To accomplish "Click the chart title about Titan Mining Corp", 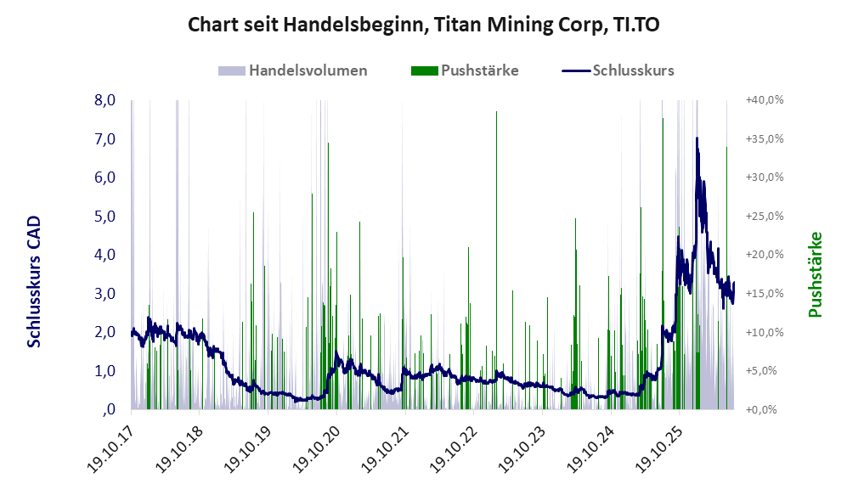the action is point(423,25).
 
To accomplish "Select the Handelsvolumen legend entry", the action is point(293,70).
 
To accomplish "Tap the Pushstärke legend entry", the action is point(465,70).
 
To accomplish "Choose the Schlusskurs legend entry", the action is point(618,70).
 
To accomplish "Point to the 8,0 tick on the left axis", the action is point(104,100).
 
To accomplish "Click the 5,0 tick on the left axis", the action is point(104,217).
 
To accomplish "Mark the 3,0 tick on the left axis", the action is point(104,294).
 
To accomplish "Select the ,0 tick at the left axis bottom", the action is point(108,409).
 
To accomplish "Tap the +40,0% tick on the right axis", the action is point(765,100).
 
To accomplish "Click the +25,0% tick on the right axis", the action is point(765,216).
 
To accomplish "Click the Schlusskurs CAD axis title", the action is point(33,282).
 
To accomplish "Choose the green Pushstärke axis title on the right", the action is point(815,275).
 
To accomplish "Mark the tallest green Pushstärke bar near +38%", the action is point(496,260).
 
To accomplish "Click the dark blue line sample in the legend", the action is point(576,70).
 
